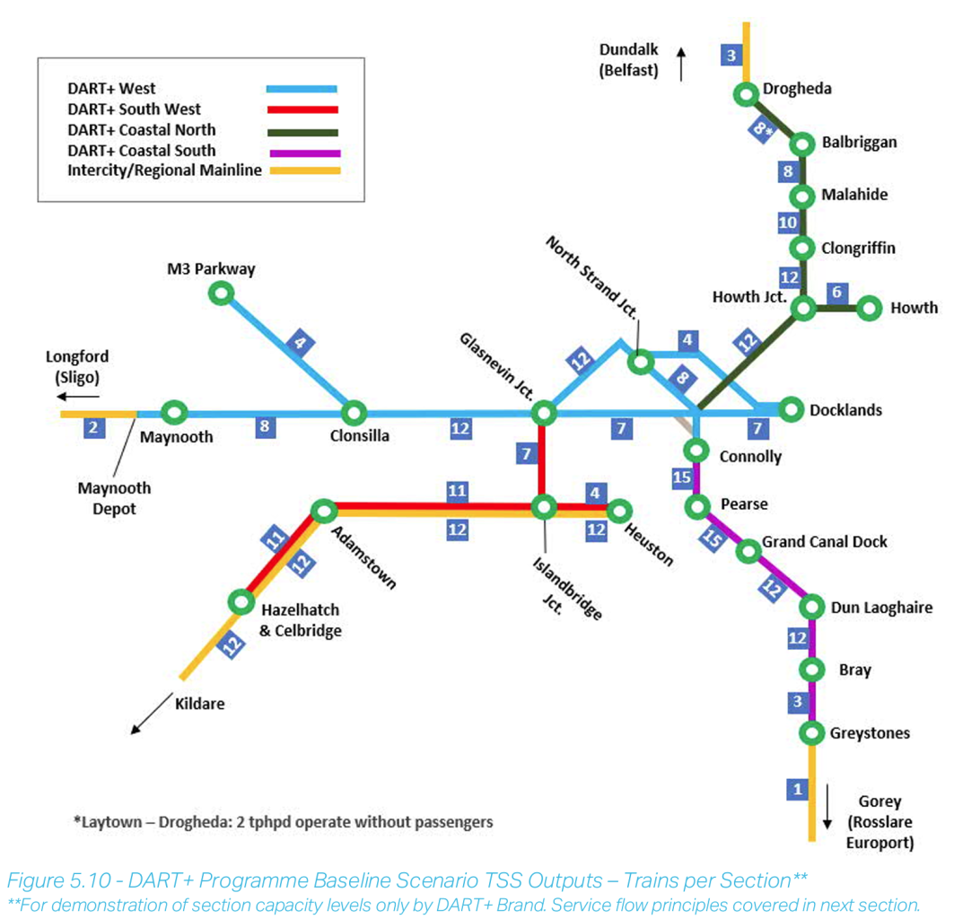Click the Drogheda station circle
[x=745, y=92]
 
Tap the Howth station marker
[x=869, y=308]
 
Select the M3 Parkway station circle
[x=221, y=293]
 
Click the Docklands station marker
[x=791, y=409]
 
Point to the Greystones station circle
[x=812, y=733]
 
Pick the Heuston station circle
[x=619, y=511]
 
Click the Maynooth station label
[x=178, y=437]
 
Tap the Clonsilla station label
[x=356, y=437]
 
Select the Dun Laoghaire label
[x=881, y=608]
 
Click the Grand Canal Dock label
[x=824, y=542]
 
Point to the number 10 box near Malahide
[x=788, y=222]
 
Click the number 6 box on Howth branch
[x=836, y=292]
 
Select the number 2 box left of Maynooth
[x=92, y=427]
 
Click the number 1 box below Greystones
[x=795, y=790]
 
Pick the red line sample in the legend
[x=302, y=109]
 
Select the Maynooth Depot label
[x=114, y=499]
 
